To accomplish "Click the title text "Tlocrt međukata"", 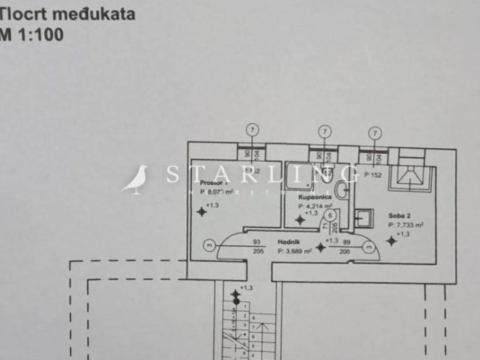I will [x=68, y=14].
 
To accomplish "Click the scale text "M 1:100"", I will [x=32, y=35].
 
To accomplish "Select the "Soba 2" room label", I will [x=399, y=216].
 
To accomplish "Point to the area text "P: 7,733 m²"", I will [x=406, y=225].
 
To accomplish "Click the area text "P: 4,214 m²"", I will [x=315, y=206].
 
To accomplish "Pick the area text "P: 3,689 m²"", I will [x=295, y=251].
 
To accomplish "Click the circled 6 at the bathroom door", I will [x=331, y=215].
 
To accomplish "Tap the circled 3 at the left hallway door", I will [x=210, y=244].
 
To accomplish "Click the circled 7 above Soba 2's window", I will [x=375, y=133].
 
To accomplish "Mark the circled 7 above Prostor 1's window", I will [x=252, y=130].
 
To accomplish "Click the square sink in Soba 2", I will [x=364, y=218].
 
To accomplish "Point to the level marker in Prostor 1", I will [x=202, y=212].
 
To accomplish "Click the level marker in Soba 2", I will [x=391, y=240].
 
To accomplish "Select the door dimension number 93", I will [x=256, y=242].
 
